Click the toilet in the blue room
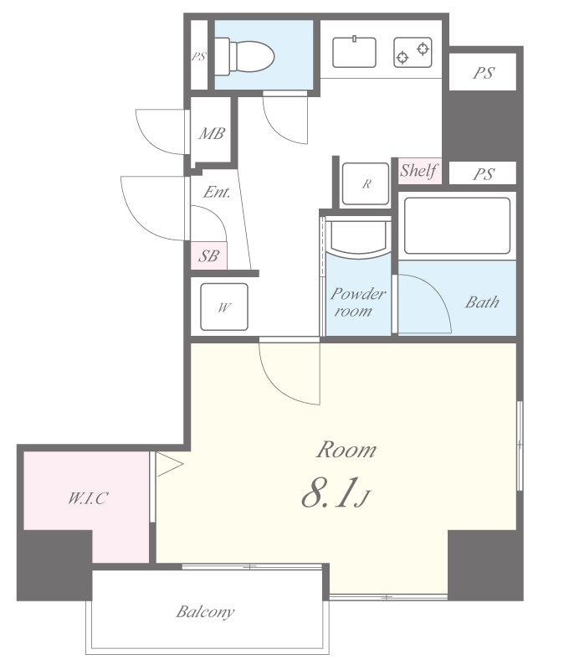tap(244, 56)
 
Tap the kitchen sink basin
tap(354, 52)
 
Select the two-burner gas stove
tap(413, 52)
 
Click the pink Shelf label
tap(418, 171)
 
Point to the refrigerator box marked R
tap(366, 183)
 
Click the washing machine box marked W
tap(224, 307)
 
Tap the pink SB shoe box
tap(208, 255)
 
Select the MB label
tap(212, 134)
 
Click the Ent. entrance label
tap(217, 192)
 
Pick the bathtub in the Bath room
tap(457, 225)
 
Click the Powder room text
tap(357, 302)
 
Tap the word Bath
tap(482, 302)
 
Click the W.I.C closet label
tap(88, 498)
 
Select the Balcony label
tap(205, 612)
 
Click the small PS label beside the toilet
tap(198, 56)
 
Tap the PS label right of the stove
tap(483, 73)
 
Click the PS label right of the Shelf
tap(483, 174)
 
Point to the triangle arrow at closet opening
tap(169, 464)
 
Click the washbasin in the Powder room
tap(357, 238)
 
